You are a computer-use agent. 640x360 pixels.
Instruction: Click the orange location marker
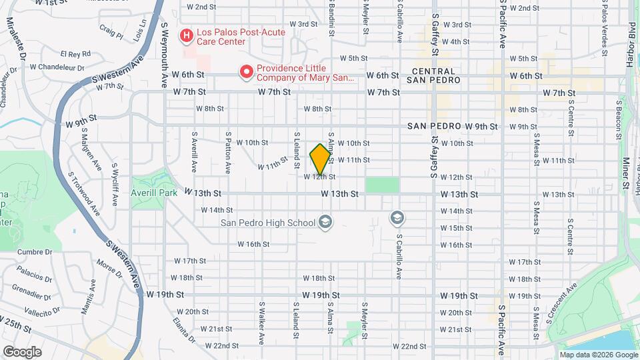coord(320,159)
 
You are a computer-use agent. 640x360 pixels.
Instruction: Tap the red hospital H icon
coord(187,34)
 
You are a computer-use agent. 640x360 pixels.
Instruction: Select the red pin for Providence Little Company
coord(247,71)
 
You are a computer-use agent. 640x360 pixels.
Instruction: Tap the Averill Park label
coord(154,192)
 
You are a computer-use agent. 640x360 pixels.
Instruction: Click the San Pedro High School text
coord(269,222)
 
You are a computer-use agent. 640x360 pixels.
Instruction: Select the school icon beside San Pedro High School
coord(325,222)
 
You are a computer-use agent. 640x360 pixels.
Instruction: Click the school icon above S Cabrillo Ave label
coord(397,218)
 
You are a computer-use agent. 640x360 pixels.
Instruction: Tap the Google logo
coord(22,352)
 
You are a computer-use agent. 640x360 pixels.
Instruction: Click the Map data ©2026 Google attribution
coord(598,354)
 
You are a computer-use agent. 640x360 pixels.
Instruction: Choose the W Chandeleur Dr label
coord(55,67)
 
